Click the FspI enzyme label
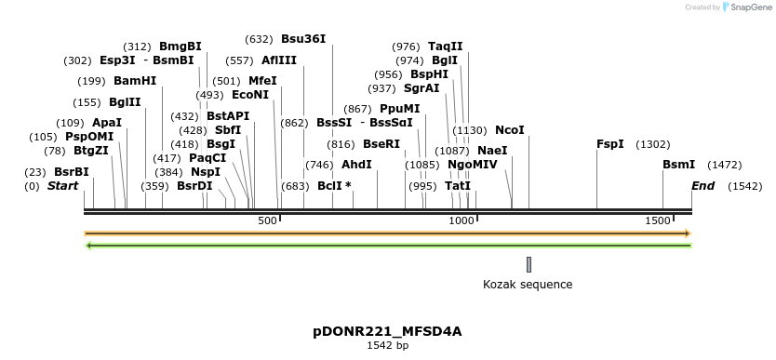click(x=609, y=144)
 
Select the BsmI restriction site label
click(x=678, y=165)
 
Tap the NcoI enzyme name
click(x=510, y=130)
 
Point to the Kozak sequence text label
click(x=528, y=285)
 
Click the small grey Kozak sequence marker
click(x=528, y=264)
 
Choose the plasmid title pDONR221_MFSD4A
click(x=387, y=331)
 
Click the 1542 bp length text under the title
click(x=387, y=345)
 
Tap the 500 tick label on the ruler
click(x=267, y=220)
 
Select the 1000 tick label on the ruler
click(x=462, y=220)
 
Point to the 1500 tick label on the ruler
click(x=658, y=220)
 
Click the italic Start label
click(x=62, y=186)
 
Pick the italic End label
click(x=702, y=186)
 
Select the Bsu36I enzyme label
click(x=303, y=39)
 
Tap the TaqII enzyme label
click(x=445, y=47)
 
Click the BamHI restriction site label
click(x=135, y=81)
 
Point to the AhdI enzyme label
click(x=356, y=165)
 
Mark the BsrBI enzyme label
click(x=72, y=172)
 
